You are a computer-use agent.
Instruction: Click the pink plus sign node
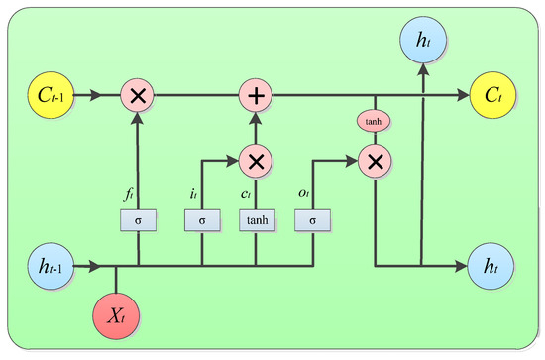(255, 96)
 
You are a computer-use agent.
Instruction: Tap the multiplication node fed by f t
(138, 96)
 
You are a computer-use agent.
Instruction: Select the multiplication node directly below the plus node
(255, 159)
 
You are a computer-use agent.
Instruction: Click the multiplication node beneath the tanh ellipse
(375, 159)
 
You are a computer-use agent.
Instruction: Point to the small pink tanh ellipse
(375, 123)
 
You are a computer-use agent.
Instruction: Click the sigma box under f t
(138, 217)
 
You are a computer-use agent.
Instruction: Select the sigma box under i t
(201, 217)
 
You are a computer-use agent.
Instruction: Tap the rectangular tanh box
(255, 217)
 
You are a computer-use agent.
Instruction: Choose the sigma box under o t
(312, 217)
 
